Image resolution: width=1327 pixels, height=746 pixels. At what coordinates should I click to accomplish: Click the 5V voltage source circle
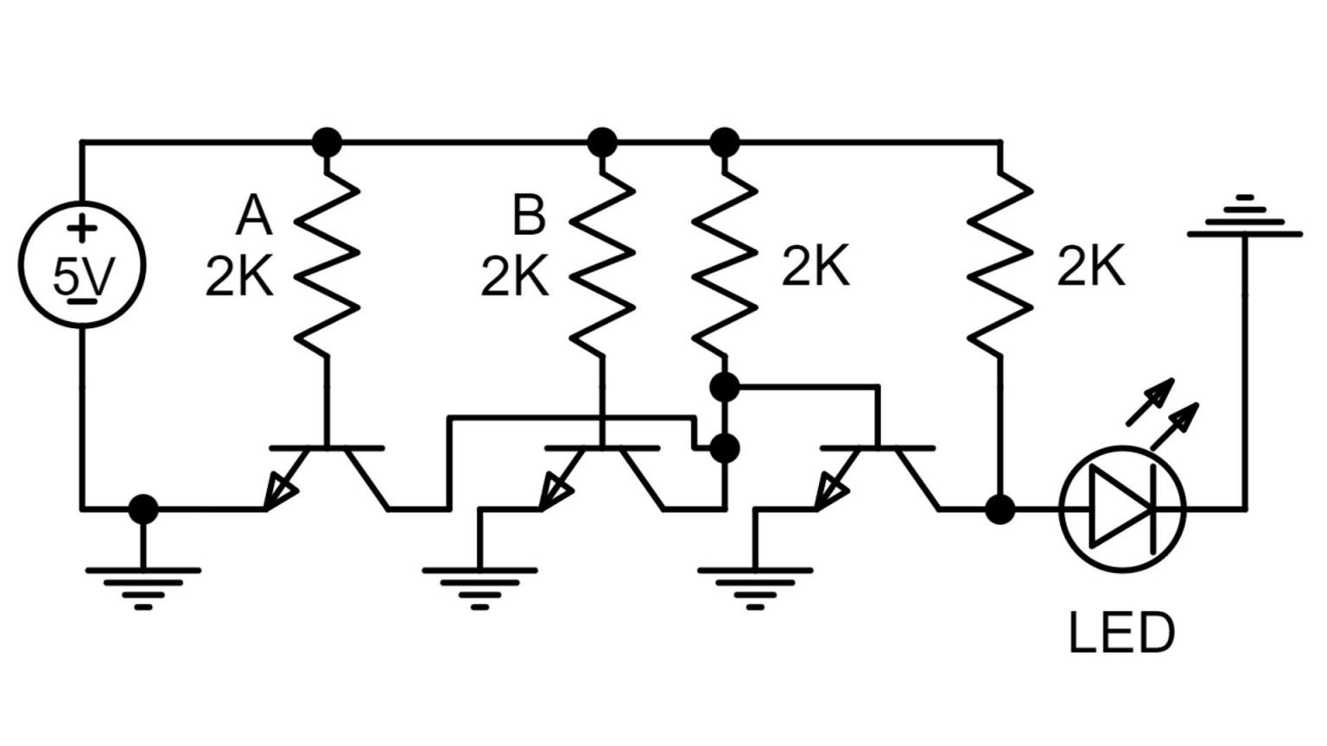pyautogui.click(x=82, y=265)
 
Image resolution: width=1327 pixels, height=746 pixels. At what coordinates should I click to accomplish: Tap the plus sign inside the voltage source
pyautogui.click(x=82, y=230)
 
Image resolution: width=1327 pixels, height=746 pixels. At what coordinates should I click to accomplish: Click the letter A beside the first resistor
pyautogui.click(x=253, y=216)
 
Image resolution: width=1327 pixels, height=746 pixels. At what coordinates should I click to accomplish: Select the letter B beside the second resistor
pyautogui.click(x=529, y=216)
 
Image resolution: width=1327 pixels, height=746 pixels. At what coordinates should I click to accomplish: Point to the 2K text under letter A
pyautogui.click(x=239, y=278)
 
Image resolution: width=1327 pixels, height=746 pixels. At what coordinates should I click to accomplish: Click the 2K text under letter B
pyautogui.click(x=515, y=278)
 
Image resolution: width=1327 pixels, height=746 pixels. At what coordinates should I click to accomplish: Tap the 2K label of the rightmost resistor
pyautogui.click(x=1091, y=267)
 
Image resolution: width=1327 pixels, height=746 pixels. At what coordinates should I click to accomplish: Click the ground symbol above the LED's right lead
pyautogui.click(x=1244, y=219)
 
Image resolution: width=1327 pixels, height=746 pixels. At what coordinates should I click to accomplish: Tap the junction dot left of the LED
pyautogui.click(x=1000, y=509)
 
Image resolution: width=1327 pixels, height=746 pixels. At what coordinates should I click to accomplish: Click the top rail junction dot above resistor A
pyautogui.click(x=327, y=142)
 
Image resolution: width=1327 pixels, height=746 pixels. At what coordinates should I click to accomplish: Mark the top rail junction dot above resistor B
pyautogui.click(x=602, y=142)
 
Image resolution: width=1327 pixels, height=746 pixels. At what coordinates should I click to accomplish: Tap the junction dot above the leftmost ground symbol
pyautogui.click(x=143, y=509)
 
